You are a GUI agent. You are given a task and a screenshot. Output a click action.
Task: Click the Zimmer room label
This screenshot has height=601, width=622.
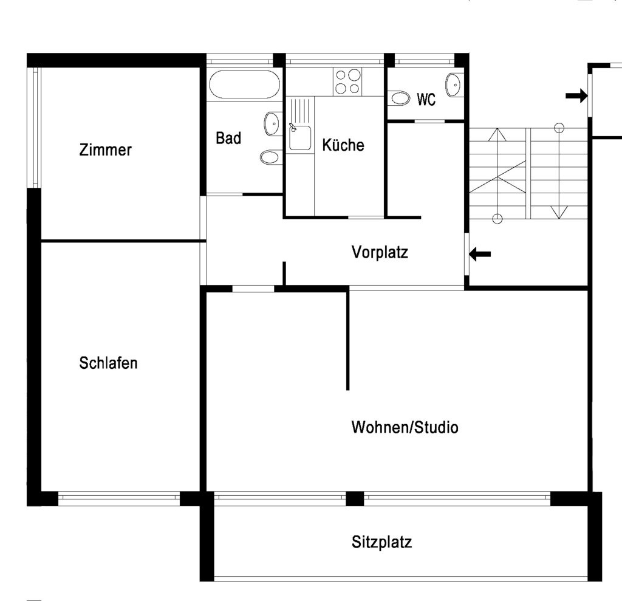tap(105, 149)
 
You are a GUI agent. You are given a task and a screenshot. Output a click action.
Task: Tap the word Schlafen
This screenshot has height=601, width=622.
tap(108, 363)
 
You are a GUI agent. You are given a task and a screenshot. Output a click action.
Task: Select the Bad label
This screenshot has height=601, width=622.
tap(228, 138)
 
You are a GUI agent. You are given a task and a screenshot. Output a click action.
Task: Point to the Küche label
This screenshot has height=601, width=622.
tap(343, 145)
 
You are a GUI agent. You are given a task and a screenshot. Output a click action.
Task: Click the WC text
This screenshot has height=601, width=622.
tap(426, 99)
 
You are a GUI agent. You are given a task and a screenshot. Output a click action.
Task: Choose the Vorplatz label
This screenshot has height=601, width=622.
tap(380, 252)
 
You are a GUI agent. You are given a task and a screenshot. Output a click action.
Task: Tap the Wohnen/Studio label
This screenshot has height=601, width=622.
tap(405, 427)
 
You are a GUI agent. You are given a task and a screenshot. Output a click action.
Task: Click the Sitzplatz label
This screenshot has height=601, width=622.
tap(381, 542)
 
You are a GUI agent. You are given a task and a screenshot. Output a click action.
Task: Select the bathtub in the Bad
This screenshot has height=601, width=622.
tap(244, 84)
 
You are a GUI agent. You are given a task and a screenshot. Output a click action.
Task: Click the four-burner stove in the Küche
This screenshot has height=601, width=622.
tap(347, 81)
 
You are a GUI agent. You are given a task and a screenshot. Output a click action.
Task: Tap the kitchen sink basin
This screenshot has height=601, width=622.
tap(300, 138)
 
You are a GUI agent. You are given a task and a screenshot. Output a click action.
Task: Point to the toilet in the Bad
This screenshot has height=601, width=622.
tap(270, 157)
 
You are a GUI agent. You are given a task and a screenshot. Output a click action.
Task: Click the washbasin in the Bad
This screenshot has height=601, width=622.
tap(272, 124)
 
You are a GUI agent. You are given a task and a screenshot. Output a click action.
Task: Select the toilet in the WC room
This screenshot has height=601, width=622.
tap(400, 98)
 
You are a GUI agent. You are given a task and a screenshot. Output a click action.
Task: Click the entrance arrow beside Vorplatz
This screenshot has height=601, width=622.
tap(480, 254)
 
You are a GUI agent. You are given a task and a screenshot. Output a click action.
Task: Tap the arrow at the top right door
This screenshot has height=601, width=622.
tap(576, 95)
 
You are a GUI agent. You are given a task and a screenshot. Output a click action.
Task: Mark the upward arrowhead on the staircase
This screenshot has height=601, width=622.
tap(497, 134)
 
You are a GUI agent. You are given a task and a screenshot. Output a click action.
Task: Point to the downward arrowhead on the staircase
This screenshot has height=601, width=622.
tap(559, 212)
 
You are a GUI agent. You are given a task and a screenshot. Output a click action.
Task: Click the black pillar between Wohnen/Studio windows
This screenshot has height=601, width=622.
tap(355, 498)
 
